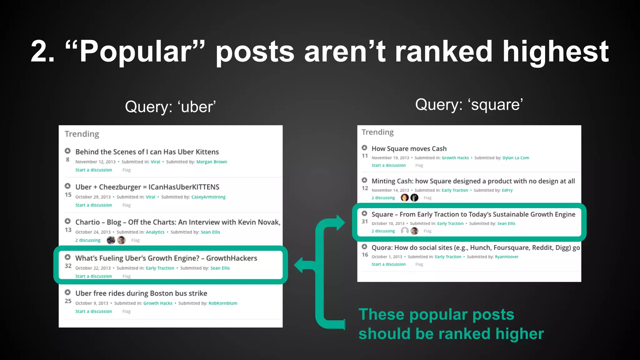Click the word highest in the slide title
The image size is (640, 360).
tap(555, 52)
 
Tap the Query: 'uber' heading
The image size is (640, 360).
tap(170, 107)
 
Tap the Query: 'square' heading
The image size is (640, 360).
tap(469, 105)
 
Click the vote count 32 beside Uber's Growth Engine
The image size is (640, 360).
tap(68, 266)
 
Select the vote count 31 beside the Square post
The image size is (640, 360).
tap(365, 222)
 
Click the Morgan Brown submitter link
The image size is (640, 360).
tap(212, 162)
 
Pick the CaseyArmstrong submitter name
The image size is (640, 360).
tap(208, 197)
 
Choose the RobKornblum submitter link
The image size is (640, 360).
tap(223, 303)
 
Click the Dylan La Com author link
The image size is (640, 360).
tap(516, 158)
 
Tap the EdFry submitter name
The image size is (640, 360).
tap(507, 190)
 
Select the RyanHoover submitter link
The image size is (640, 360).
tap(507, 257)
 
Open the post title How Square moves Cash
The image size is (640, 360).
tap(409, 149)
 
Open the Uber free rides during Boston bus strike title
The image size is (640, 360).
tap(141, 293)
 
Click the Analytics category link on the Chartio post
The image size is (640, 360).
tap(155, 232)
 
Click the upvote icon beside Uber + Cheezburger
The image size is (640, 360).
tap(67, 186)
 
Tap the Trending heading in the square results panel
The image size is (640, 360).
tap(377, 132)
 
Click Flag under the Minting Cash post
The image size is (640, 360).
tap(427, 198)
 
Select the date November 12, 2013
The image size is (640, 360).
tap(95, 162)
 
